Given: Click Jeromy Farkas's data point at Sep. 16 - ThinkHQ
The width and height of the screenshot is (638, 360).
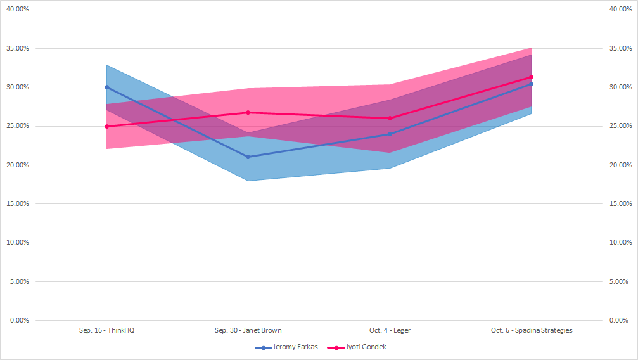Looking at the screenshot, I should click(x=106, y=87).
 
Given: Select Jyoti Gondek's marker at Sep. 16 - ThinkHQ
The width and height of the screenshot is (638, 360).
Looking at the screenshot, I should click(x=106, y=126).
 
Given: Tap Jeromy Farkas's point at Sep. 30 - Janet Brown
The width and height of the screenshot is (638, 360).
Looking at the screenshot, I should click(x=248, y=157).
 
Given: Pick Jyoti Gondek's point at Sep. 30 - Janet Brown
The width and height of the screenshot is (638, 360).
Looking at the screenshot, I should click(x=248, y=112).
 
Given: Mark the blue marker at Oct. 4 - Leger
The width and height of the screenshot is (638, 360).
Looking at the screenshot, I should click(x=390, y=134).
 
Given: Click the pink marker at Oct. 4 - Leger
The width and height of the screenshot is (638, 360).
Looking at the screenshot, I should click(x=390, y=118).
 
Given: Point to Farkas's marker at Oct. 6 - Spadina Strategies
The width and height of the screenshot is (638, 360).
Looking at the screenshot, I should click(x=531, y=84).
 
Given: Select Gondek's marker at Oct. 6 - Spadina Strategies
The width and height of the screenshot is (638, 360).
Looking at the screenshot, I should click(x=531, y=77).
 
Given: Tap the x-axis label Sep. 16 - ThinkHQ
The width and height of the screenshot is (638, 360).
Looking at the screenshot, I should click(x=106, y=330).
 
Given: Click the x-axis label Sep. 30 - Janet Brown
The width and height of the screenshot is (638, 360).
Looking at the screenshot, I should click(x=248, y=330).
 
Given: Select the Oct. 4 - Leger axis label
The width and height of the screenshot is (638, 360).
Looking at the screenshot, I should click(x=390, y=330).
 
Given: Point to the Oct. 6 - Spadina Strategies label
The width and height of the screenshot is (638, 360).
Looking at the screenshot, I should click(x=531, y=330).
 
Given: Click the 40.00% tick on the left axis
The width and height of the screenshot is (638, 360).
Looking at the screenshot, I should click(x=18, y=10).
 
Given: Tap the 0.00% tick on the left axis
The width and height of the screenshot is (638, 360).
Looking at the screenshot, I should click(x=19, y=320).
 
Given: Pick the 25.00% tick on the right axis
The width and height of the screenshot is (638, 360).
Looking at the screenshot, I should click(x=620, y=126).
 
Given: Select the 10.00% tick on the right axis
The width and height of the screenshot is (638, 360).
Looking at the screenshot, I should click(x=620, y=243).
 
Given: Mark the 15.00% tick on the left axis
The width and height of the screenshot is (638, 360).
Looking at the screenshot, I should click(x=18, y=203).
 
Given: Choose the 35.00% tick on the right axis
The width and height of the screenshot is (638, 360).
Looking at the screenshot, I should click(x=620, y=48).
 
